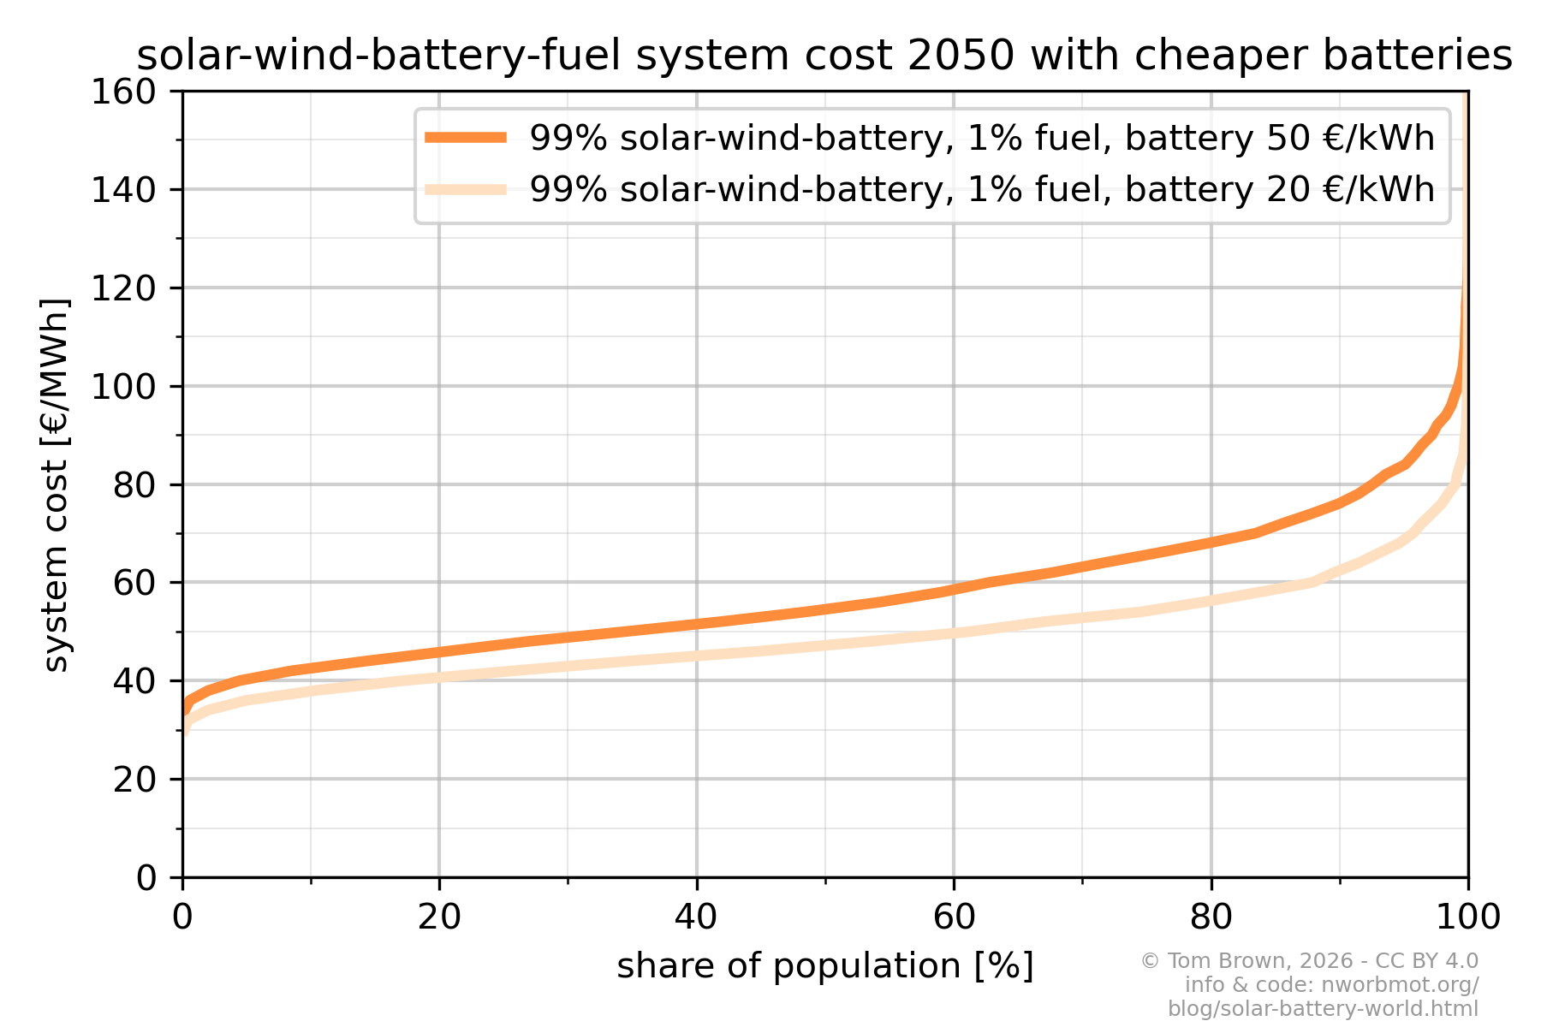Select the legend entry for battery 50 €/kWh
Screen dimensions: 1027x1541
point(981,138)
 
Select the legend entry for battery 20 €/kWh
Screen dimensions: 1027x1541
point(981,189)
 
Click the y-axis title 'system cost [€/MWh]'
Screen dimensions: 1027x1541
point(56,484)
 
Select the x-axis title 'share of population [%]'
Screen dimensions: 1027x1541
point(825,966)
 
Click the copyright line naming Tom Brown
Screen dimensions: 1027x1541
point(1309,961)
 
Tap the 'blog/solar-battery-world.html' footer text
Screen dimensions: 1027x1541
point(1323,1009)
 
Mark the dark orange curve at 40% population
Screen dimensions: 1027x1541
point(697,624)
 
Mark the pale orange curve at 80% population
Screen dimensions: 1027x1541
point(1211,600)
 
